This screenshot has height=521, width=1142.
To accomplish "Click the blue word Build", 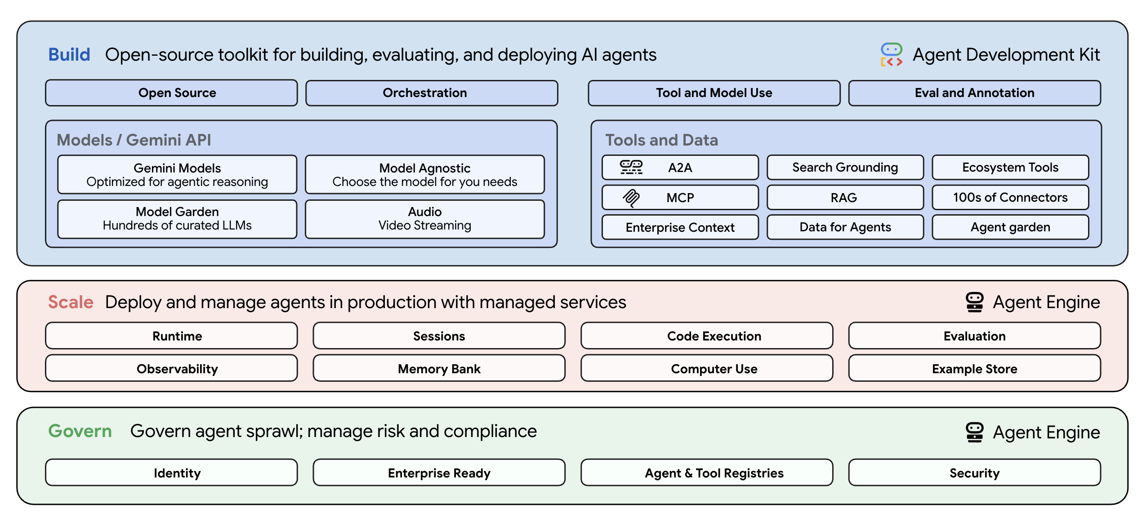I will pos(69,55).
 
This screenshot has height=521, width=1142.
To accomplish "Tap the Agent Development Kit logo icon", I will pos(891,55).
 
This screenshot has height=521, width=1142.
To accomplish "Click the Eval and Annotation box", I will pos(974,93).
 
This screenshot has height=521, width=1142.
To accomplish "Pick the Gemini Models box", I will pos(177,174).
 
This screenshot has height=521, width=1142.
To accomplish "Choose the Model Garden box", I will pos(177,218).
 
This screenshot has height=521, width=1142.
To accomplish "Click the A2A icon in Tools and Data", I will pos(631,168).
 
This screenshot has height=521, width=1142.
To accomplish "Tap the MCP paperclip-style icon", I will pos(631,198).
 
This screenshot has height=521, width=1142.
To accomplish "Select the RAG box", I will pos(845,198).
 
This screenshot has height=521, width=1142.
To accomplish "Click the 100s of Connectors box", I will pos(1010,198).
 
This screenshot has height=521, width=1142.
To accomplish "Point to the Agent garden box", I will pos(1010,227).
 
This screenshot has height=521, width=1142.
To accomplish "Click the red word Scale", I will pos(71,302).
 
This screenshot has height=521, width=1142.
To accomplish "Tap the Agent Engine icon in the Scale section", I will pos(974,302).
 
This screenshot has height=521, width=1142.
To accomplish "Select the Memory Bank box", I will pos(439,369).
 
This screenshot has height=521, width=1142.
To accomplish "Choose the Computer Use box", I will pos(714,369).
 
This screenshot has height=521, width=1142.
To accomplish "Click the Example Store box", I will pos(974,369).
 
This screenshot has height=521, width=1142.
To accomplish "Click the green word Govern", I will pos(80,431).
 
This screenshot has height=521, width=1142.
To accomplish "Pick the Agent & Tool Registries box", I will pos(714,473).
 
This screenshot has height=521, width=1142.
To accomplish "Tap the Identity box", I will pos(177,473).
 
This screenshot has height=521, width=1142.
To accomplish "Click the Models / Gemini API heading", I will pos(134,140).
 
